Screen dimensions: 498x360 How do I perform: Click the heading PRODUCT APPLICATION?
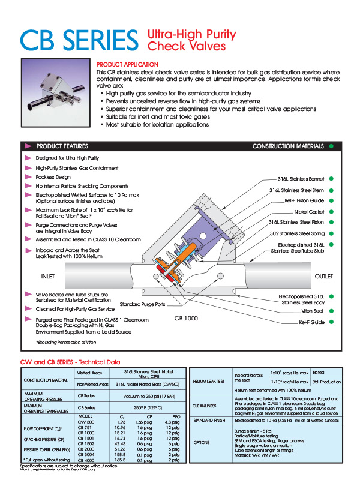coord(127,64)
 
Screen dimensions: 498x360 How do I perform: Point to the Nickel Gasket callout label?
coord(309,211)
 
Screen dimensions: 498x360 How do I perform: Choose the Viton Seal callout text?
coord(313,311)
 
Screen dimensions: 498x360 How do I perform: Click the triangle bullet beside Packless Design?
coord(29,177)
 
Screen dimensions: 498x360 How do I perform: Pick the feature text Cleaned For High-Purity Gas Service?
coord(75,308)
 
